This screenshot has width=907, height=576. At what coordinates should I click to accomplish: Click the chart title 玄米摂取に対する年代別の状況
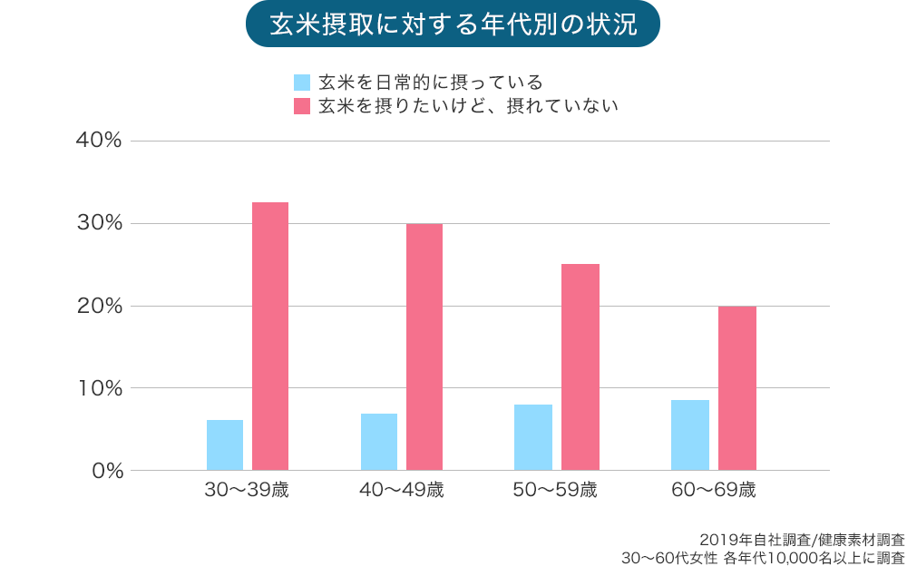click(453, 24)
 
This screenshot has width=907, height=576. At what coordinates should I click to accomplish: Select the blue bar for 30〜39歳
click(225, 444)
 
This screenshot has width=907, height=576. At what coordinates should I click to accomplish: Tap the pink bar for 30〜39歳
click(270, 336)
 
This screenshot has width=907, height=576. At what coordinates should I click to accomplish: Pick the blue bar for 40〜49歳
click(379, 442)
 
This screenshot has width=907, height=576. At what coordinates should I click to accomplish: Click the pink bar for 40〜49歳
click(424, 347)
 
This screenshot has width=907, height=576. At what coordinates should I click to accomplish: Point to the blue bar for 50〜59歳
click(533, 437)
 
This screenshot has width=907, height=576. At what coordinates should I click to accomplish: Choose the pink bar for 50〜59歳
click(580, 366)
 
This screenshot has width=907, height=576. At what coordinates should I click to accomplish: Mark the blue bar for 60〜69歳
click(690, 434)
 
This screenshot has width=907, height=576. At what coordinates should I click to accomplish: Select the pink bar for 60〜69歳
click(737, 388)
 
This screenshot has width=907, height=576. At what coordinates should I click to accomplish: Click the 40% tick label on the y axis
click(101, 142)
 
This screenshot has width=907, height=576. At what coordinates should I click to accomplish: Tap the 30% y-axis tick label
click(101, 223)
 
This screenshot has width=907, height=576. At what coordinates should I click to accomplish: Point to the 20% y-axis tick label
click(101, 306)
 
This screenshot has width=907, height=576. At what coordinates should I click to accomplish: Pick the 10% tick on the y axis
click(101, 388)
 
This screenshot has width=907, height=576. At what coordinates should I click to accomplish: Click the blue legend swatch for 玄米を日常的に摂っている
click(302, 83)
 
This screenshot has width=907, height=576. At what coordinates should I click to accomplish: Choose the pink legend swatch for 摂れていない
click(302, 106)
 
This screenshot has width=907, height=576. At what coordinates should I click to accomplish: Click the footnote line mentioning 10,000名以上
click(762, 557)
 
